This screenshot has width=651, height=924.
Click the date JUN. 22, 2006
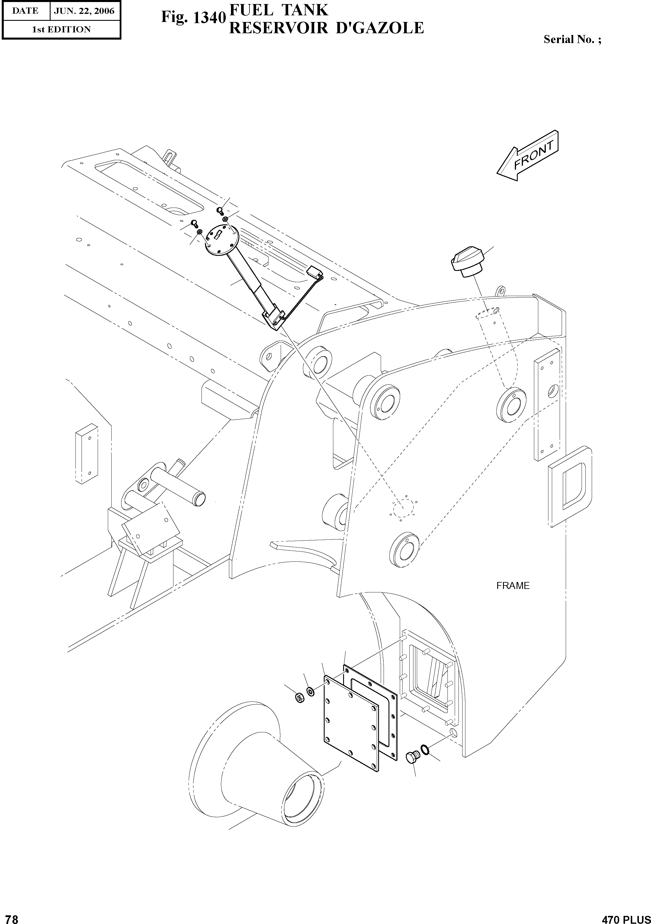pos(84,11)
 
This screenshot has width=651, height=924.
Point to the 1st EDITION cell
pos(61,29)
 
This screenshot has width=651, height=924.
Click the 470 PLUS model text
pos(626,917)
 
